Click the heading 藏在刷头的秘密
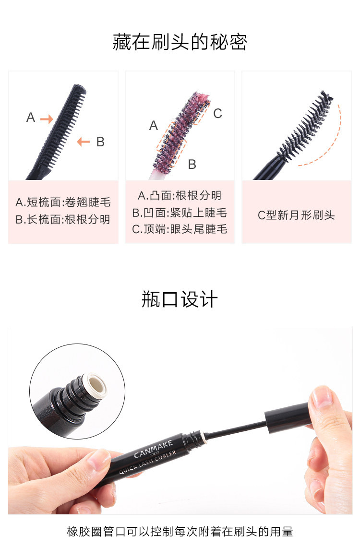point(180,42)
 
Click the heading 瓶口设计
point(180,299)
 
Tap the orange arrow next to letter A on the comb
point(47,119)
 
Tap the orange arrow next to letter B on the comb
point(84,142)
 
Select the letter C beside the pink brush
point(217,114)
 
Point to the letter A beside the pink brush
point(153,125)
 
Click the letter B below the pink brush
point(192,164)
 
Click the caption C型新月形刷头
point(296,215)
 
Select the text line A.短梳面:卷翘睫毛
point(63,202)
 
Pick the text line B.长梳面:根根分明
point(63,219)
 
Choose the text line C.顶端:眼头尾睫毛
point(180,229)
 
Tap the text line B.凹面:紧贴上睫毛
point(180,213)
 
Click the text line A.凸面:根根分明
point(180,196)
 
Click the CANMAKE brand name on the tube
point(153,449)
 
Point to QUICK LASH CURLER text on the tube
point(147,462)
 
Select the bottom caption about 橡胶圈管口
point(180,532)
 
